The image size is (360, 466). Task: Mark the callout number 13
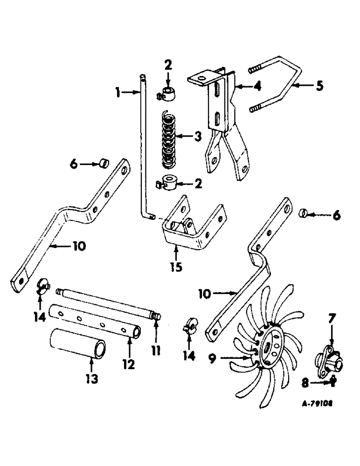coord(91,379)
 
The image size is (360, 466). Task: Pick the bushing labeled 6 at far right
coord(303,214)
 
